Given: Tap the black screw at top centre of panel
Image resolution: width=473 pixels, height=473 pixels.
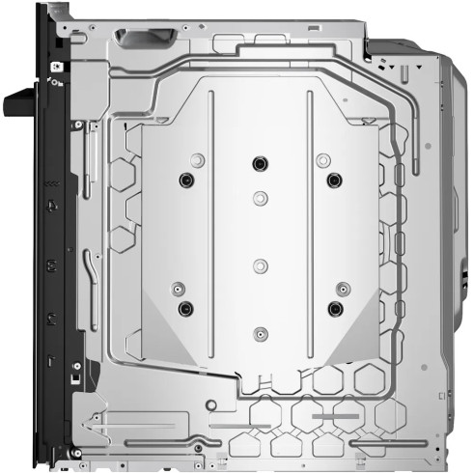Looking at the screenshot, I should click(259, 162).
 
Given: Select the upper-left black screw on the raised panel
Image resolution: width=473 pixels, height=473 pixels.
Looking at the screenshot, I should click(186, 180).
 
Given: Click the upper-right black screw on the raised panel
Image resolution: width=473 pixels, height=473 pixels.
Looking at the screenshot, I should click(334, 180).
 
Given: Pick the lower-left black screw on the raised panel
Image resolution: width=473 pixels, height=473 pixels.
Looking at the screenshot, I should click(186, 308).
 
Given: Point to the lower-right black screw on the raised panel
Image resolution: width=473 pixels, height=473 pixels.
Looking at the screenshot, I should click(335, 308).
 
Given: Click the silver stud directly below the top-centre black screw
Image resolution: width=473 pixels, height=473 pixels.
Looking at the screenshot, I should click(259, 197).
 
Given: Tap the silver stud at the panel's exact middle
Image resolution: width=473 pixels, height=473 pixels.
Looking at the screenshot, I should click(259, 264).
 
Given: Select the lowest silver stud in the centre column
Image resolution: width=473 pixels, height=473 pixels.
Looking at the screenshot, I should click(259, 333).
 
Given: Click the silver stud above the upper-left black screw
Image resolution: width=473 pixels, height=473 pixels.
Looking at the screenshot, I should click(197, 159).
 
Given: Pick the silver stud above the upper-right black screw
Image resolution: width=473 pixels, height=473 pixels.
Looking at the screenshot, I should click(322, 159).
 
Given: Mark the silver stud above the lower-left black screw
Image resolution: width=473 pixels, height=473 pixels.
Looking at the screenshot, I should click(177, 288).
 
